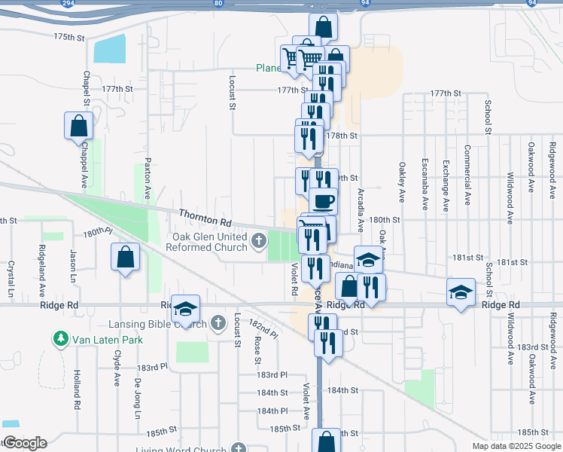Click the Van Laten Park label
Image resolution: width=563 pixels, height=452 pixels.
107,339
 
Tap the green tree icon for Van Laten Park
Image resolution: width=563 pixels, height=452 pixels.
60,339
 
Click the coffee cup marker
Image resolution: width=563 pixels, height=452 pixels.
324,201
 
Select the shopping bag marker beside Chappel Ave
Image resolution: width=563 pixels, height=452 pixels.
79,126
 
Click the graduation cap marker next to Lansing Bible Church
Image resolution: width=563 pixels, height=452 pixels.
184,308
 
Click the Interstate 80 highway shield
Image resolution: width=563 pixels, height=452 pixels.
218,3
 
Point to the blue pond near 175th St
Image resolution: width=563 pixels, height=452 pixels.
110,50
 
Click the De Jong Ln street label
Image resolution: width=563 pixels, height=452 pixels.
138,399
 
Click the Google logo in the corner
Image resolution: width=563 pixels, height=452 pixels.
25,443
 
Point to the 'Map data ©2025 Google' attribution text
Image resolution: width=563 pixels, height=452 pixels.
516,446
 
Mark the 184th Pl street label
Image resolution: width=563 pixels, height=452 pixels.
272,411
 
